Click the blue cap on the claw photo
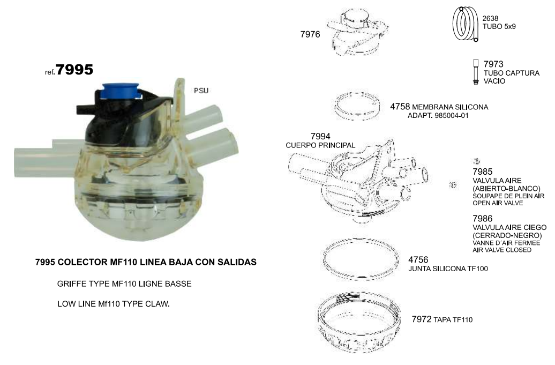[119, 92]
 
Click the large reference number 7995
[74, 69]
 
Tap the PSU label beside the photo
[201, 91]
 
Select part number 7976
[310, 34]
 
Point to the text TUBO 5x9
[499, 27]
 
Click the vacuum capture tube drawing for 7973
[476, 72]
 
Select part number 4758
[400, 107]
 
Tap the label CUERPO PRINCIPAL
[320, 145]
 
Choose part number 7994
[320, 136]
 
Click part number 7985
[483, 172]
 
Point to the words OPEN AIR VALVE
[498, 203]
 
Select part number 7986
[483, 219]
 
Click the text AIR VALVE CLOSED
[502, 250]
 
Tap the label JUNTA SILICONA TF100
[448, 269]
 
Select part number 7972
[422, 319]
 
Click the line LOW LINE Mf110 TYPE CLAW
[114, 304]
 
